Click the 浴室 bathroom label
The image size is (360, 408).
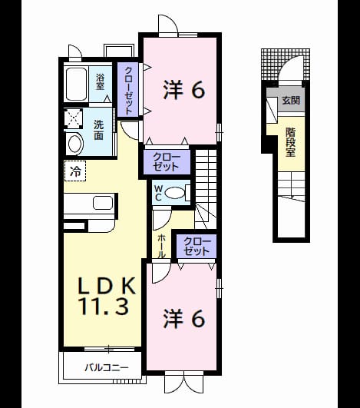100,82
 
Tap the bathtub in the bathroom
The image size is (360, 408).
76,85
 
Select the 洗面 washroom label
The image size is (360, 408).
99,131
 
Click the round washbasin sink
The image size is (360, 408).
75,144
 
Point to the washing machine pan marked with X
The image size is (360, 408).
74,118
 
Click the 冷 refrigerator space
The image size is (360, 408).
75,171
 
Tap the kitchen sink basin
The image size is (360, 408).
103,203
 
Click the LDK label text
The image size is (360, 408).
107,286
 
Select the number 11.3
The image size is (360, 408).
104,306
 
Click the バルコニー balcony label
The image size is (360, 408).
107,368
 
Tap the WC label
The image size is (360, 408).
158,193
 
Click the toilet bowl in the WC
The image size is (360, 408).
175,193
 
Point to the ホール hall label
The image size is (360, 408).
161,246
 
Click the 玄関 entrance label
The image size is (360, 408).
291,100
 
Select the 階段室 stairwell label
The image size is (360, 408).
291,142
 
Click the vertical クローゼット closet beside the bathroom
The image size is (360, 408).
128,91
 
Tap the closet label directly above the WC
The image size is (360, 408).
167,162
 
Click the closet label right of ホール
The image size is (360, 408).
197,247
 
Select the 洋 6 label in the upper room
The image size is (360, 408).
184,90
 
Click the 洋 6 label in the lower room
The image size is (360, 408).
184,319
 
